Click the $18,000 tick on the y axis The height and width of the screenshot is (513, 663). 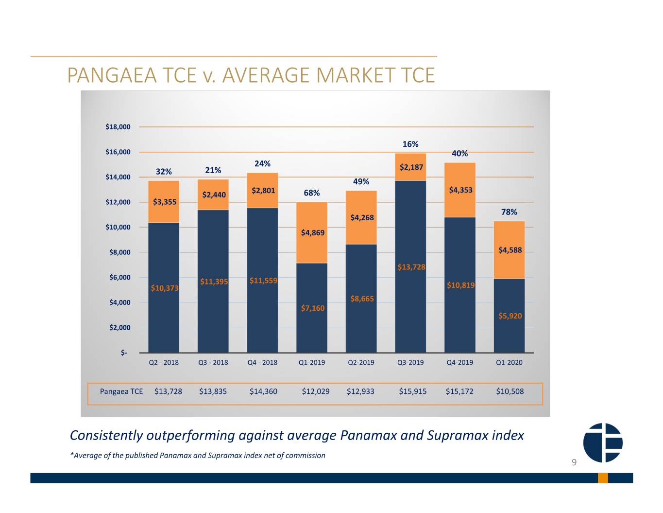(x=118, y=127)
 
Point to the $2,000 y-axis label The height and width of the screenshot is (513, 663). (x=119, y=328)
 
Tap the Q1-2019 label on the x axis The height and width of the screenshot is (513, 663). (x=312, y=362)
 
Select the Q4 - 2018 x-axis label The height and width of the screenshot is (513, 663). (x=262, y=362)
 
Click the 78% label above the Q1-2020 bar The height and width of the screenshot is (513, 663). (x=509, y=212)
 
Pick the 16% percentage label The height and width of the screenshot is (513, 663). (x=410, y=144)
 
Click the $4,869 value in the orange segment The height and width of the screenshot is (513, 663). (x=313, y=233)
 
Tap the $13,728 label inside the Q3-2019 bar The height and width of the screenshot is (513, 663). (x=411, y=267)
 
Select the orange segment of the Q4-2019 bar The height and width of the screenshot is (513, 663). (x=460, y=190)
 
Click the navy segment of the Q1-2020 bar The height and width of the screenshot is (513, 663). (x=509, y=316)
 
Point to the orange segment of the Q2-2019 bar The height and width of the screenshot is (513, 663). (x=361, y=217)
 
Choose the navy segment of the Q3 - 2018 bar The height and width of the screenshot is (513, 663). (x=213, y=281)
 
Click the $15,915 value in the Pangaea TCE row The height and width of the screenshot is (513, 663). (x=413, y=391)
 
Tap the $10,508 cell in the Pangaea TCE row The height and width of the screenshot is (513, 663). (x=510, y=391)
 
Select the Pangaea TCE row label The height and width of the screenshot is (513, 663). (x=121, y=391)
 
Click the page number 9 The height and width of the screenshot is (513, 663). (x=574, y=462)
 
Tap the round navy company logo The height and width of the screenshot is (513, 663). (x=603, y=442)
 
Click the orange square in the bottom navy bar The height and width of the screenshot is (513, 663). (x=603, y=478)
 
